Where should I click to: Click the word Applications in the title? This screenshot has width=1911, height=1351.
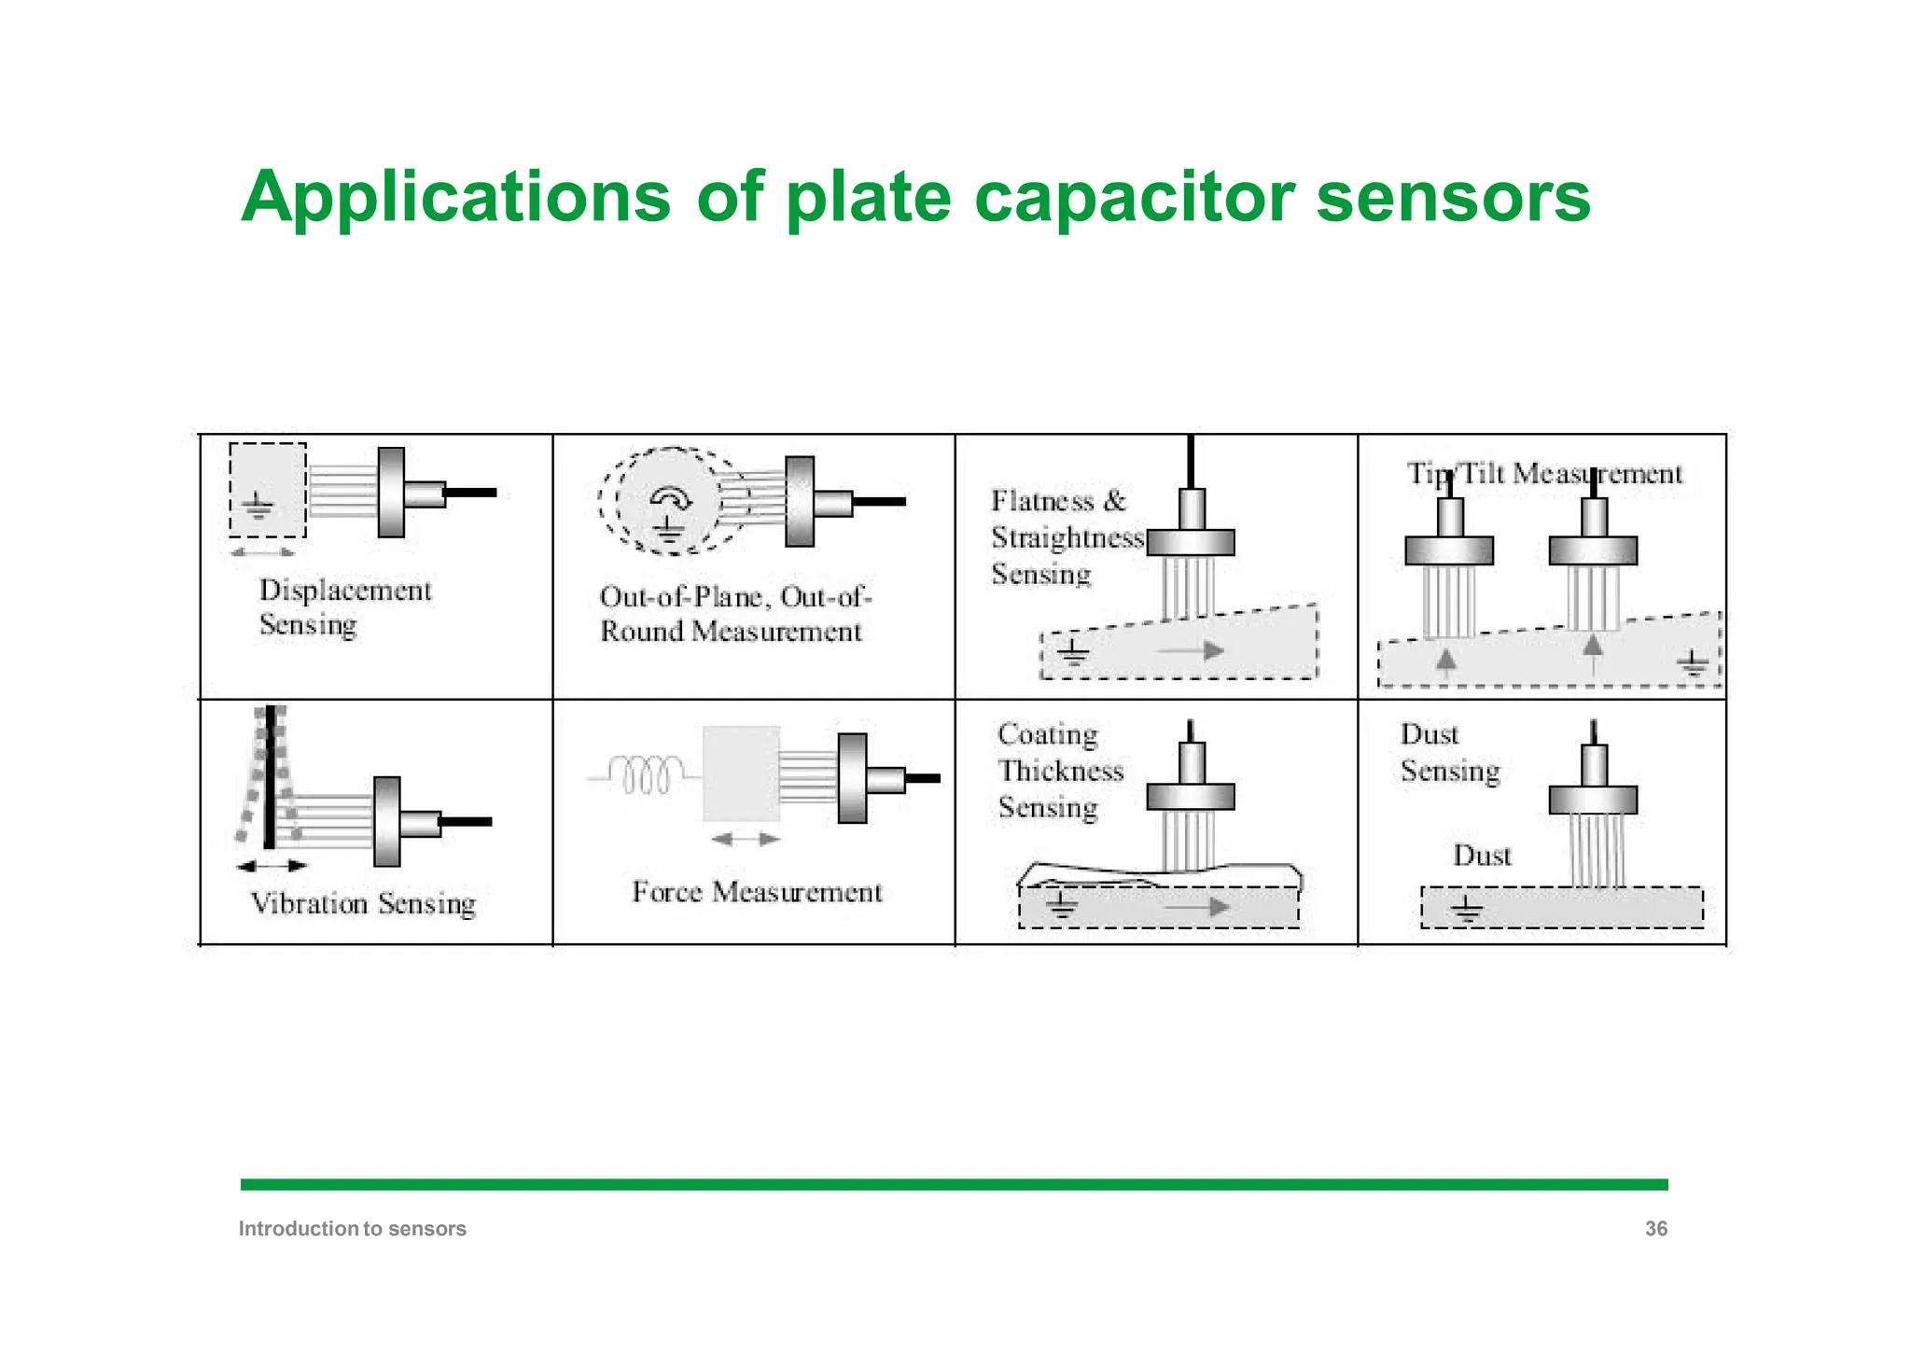pyautogui.click(x=455, y=198)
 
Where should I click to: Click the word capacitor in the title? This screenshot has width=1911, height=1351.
pyautogui.click(x=1134, y=198)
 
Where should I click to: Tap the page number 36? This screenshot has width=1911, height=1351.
pyautogui.click(x=1655, y=1229)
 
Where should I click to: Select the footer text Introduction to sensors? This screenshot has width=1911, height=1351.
pyautogui.click(x=352, y=1229)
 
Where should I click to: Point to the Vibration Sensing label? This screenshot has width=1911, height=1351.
pyautogui.click(x=363, y=903)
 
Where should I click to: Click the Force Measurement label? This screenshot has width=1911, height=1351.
pyautogui.click(x=757, y=892)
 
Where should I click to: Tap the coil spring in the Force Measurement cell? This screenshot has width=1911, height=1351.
pyautogui.click(x=645, y=774)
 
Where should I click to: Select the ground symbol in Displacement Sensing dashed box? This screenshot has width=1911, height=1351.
pyautogui.click(x=258, y=507)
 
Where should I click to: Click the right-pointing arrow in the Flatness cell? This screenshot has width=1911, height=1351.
pyautogui.click(x=1194, y=650)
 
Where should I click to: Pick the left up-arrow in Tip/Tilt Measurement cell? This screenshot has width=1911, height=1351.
pyautogui.click(x=1445, y=662)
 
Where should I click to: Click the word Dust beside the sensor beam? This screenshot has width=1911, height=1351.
pyautogui.click(x=1482, y=856)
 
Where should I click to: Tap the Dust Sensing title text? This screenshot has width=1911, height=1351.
pyautogui.click(x=1449, y=753)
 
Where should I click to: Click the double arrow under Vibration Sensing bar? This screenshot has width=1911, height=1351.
pyautogui.click(x=271, y=866)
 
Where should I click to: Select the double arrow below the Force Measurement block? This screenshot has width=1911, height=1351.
pyautogui.click(x=745, y=840)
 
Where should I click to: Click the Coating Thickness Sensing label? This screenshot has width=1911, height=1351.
pyautogui.click(x=1060, y=771)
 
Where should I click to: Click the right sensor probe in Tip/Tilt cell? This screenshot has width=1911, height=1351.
pyautogui.click(x=1593, y=550)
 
